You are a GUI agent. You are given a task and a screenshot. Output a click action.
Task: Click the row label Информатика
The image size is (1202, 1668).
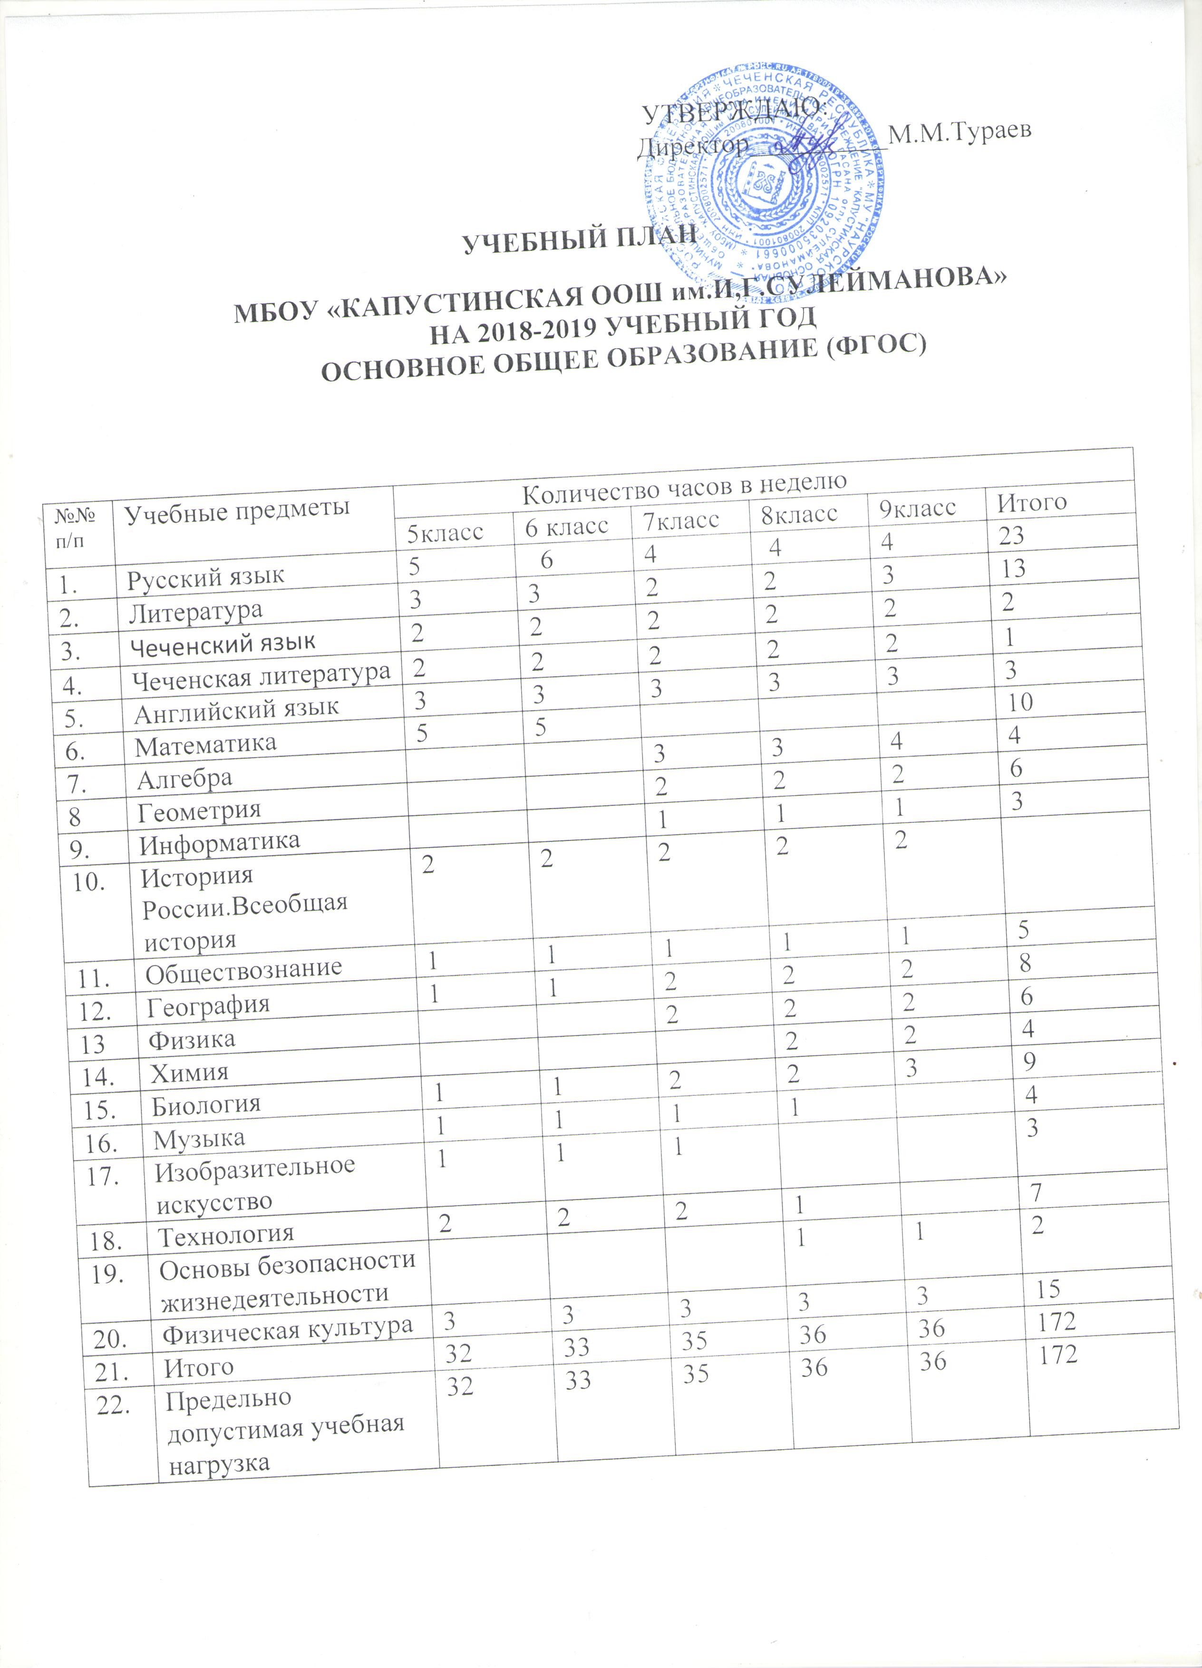220,842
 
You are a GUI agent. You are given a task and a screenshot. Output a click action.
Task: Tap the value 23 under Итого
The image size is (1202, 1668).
1011,536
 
